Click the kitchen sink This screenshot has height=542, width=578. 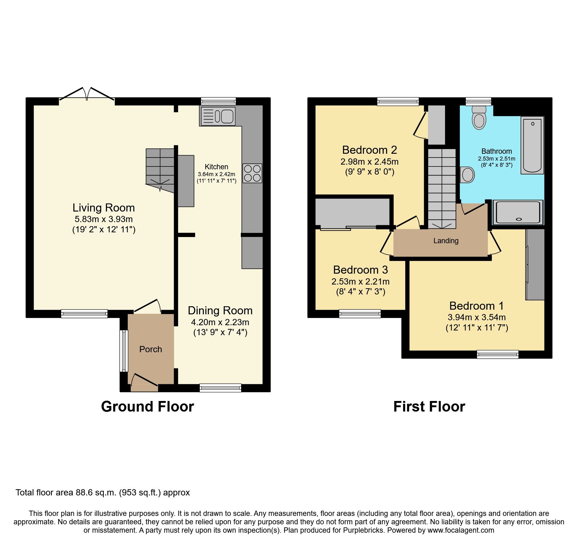coord(218,116)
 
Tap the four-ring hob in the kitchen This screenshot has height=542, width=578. coord(252,173)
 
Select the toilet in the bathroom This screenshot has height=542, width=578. coord(479,118)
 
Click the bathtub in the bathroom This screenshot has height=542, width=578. coord(532,145)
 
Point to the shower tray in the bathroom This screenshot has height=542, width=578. coord(518,212)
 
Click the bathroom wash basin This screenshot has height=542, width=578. coord(467,175)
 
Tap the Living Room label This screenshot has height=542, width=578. coord(103,208)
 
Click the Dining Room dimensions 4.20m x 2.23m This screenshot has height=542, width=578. coord(220,322)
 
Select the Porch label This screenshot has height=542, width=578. coord(150,349)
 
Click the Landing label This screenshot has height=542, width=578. coord(446,241)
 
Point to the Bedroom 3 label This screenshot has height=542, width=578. coord(360,270)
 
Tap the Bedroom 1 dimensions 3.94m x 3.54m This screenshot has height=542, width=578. coord(476,317)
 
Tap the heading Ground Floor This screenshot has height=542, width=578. coord(147,407)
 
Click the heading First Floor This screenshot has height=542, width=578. coord(429,407)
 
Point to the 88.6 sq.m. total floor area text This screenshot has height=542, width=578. coord(103,493)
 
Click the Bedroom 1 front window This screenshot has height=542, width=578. coord(498,354)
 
